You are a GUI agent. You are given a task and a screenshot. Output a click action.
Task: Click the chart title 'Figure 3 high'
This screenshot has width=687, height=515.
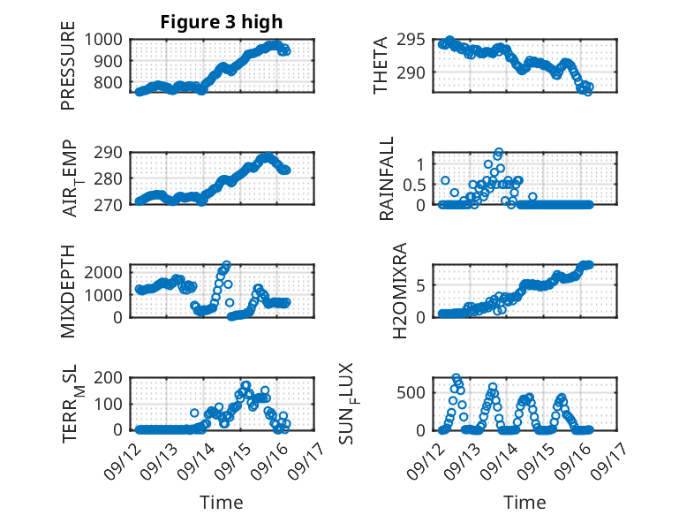[x=221, y=22]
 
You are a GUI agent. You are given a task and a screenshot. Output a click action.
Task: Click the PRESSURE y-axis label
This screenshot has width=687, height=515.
[x=69, y=72]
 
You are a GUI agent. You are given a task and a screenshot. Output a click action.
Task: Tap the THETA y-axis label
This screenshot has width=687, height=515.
[x=381, y=65]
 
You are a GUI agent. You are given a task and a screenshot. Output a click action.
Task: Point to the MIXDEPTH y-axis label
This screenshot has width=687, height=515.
[x=69, y=290]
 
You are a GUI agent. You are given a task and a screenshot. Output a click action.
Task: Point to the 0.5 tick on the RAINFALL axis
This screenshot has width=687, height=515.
[x=413, y=185]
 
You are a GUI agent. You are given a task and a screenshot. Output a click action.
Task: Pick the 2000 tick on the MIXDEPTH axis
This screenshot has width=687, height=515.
[x=107, y=274]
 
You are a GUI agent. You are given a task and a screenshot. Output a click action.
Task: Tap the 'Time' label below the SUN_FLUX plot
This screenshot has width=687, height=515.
[x=525, y=503]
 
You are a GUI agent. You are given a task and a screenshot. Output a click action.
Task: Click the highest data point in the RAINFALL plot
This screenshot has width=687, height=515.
[x=498, y=153]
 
